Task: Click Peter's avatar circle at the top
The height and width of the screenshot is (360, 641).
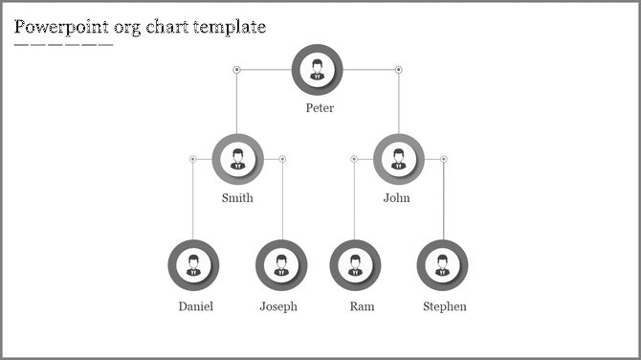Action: coord(317,69)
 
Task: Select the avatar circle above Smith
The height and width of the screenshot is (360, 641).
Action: coord(237,159)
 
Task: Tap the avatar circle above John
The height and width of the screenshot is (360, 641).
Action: coord(398,159)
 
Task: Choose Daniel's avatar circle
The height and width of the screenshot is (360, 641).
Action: coord(193,265)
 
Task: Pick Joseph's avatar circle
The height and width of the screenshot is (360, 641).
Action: coord(281,265)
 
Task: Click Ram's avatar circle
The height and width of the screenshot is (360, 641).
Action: coord(355,265)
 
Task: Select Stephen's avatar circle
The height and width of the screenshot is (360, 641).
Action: coord(443,265)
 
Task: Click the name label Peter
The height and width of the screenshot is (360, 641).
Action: coord(320,108)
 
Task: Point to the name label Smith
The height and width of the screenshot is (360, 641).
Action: coord(237,199)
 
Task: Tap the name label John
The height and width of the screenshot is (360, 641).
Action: coord(396,199)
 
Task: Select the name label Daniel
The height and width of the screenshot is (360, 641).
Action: coord(195,307)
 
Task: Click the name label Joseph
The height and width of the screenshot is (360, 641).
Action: coord(278,307)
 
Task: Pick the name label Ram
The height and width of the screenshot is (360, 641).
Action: coord(362,307)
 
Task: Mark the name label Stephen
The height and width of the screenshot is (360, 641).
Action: coord(445,307)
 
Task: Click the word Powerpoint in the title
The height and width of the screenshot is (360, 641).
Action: coord(62,27)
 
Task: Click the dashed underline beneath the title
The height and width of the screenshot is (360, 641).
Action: coord(63,45)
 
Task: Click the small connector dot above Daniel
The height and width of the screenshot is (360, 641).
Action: coord(192,159)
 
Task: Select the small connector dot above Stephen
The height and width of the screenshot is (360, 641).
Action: coord(443,159)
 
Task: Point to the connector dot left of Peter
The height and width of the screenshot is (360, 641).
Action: coord(236,69)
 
